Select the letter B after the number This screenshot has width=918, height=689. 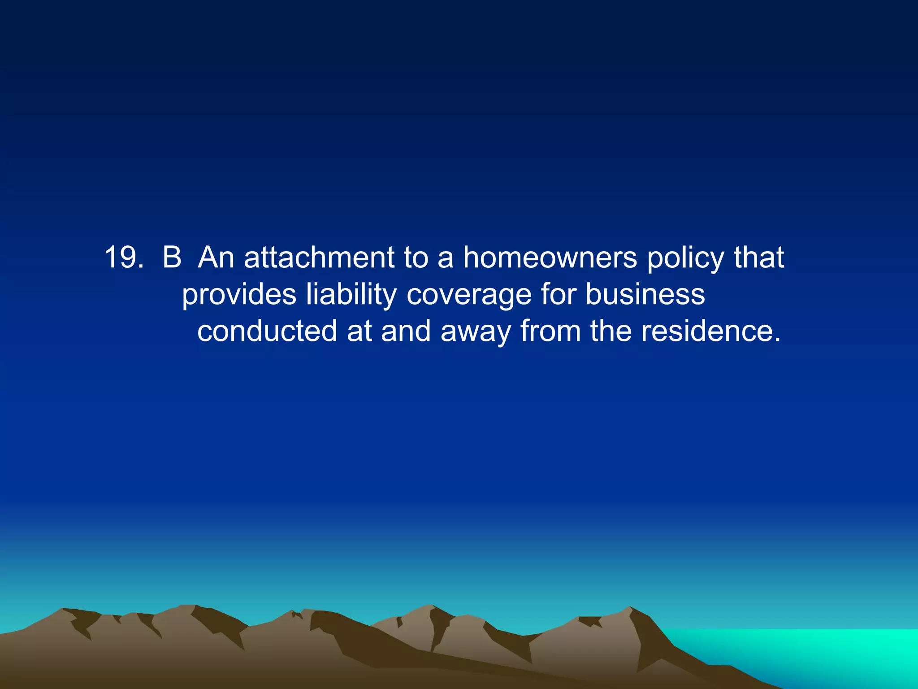coord(172,257)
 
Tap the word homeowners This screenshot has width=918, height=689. coord(550,257)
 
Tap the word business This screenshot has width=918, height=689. coord(645,294)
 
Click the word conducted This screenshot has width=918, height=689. coord(267,331)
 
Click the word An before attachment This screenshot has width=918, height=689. coord(216,257)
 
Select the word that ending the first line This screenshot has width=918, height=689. coord(759,257)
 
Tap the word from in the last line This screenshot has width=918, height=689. coord(550,331)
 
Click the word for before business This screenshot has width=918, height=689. coord(558,294)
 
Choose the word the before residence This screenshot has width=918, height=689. coord(610,331)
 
